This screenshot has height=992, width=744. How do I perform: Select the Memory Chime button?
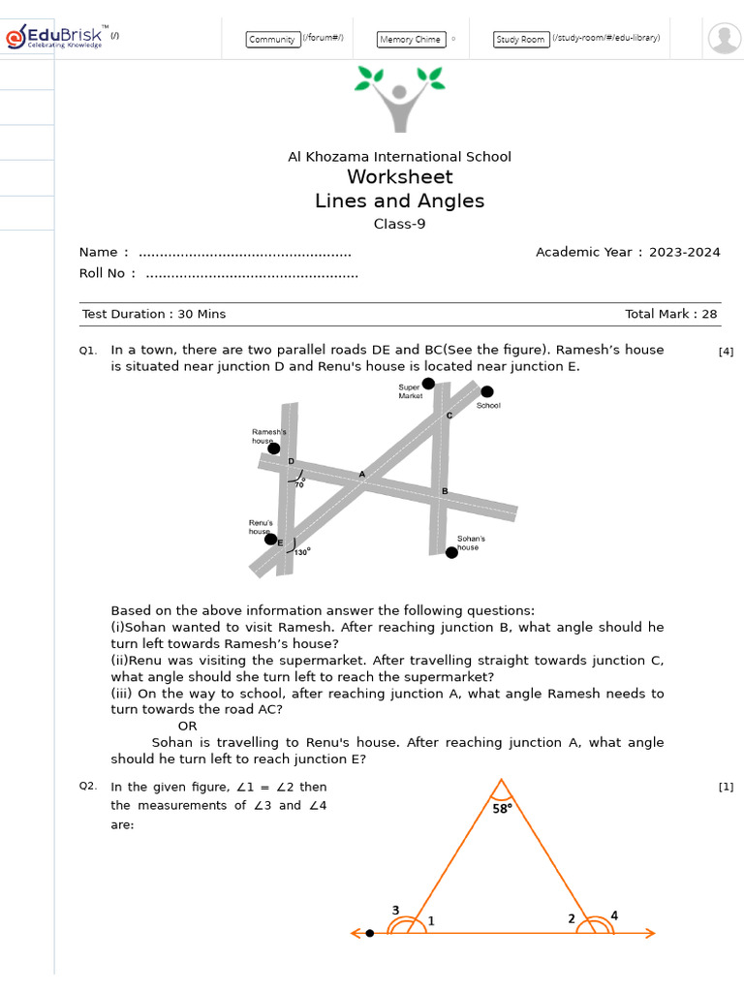coord(411,40)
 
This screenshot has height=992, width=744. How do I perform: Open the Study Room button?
coord(521,40)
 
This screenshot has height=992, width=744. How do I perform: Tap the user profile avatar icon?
coord(724,38)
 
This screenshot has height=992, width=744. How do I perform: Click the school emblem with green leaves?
coord(399,98)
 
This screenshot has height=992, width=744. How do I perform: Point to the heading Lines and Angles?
coord(399,201)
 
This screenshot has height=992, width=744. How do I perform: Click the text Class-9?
coord(399,225)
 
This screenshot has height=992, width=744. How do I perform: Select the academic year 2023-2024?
coord(684,252)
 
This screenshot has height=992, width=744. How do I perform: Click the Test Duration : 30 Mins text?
coord(154,314)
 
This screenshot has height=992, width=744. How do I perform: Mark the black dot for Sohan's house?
coord(451,552)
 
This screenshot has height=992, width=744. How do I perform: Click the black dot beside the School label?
coord(487,391)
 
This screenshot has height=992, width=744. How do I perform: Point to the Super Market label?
coord(410,391)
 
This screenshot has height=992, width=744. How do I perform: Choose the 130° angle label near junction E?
coord(301,552)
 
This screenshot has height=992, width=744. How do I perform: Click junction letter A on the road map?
coord(362,474)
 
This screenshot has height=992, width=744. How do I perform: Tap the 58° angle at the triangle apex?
coord(502,809)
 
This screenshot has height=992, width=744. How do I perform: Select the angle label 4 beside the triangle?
coord(614,914)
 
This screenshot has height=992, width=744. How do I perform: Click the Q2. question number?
coord(88,786)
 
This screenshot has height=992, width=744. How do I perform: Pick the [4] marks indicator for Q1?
coord(726,352)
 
